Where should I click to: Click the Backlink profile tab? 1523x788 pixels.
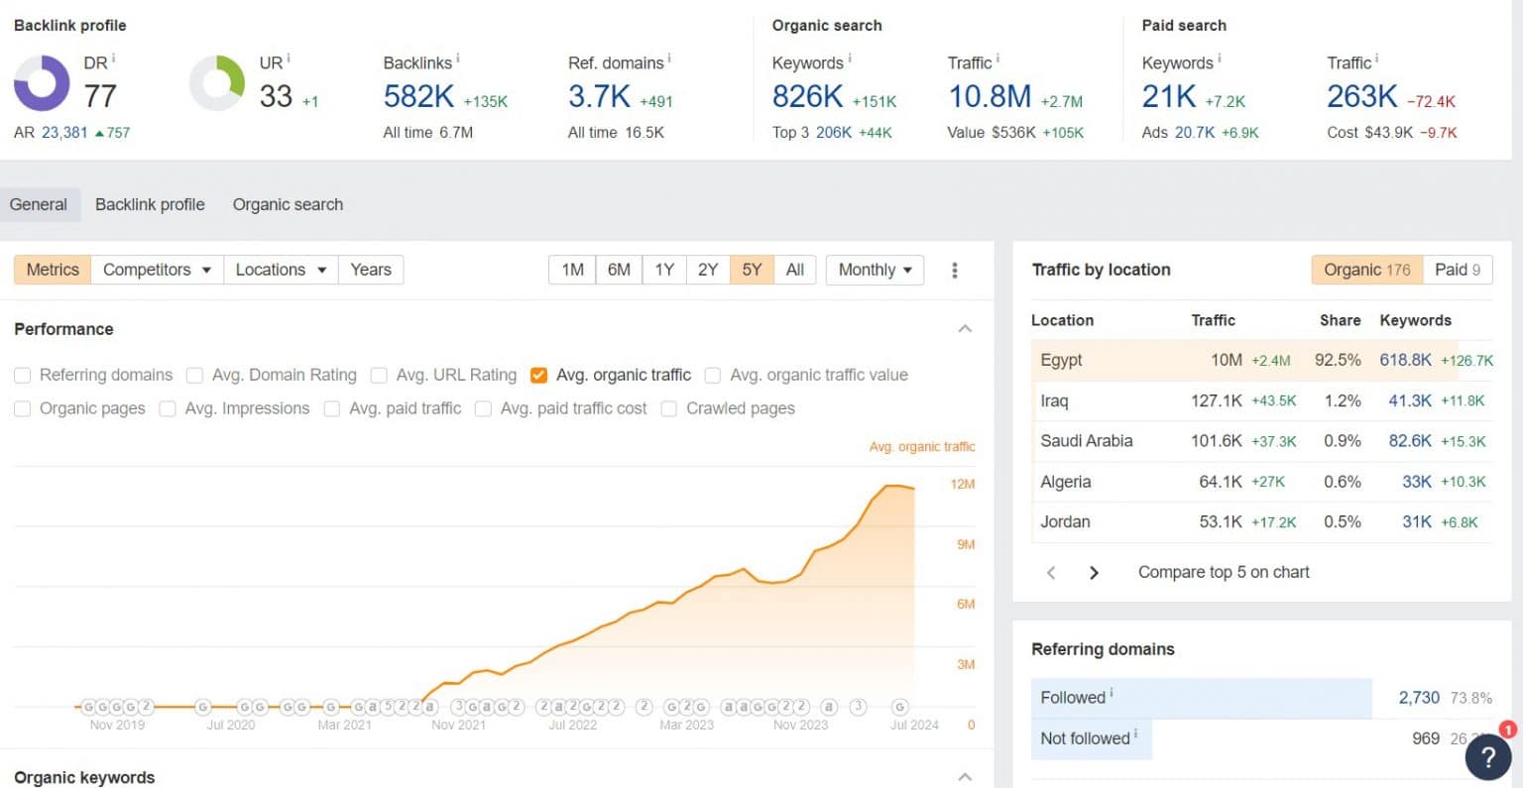coord(150,204)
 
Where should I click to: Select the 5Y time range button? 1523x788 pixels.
coord(752,270)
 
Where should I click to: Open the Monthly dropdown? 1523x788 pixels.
coord(875,270)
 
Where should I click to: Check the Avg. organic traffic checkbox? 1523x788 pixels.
coord(539,375)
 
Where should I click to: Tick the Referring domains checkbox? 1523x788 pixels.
coord(22,375)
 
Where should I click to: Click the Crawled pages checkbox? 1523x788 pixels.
coord(669,408)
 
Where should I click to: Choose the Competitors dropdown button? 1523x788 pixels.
coord(157,270)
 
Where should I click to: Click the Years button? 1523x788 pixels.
coord(371,270)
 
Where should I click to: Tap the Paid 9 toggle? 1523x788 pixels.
coord(1458,270)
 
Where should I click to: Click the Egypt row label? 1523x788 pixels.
coord(1061,360)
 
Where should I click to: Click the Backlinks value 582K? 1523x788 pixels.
coord(418,96)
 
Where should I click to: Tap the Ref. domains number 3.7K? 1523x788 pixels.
coord(599,96)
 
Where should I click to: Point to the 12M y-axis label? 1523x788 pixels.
coord(963,485)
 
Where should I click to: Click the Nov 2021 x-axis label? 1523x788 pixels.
coord(458,725)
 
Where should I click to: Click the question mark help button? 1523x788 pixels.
coord(1487,756)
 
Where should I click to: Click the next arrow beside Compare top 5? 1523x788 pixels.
coord(1094,572)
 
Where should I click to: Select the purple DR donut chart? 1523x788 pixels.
coord(42,83)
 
